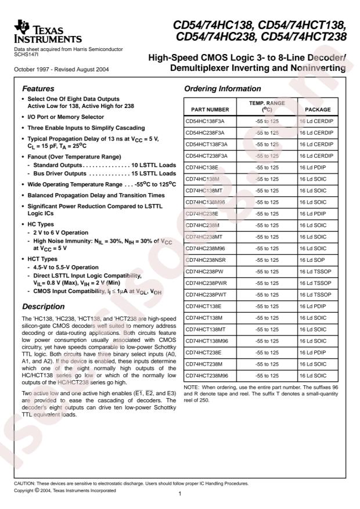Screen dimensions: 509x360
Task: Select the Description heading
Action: [x=45, y=306]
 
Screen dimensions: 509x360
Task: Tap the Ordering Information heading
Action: [x=222, y=89]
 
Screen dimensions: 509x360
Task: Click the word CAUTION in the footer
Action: [x=25, y=483]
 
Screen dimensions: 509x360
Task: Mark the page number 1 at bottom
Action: [x=181, y=493]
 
